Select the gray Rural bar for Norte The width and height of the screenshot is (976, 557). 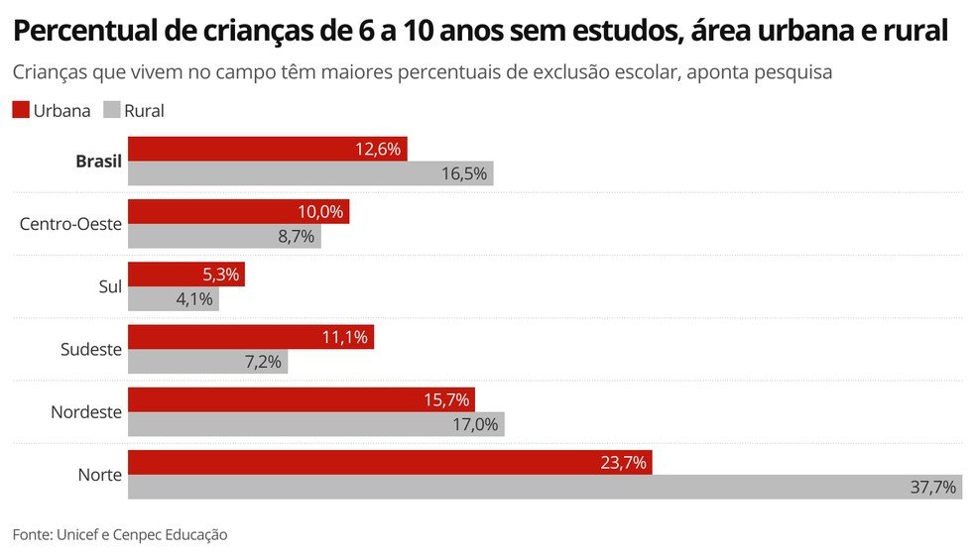coord(545,487)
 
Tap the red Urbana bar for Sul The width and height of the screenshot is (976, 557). coord(186,275)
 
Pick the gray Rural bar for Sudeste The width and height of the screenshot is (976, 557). coord(207,362)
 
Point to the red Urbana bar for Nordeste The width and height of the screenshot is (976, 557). coord(302,399)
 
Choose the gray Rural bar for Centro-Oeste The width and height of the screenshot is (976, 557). coord(224,236)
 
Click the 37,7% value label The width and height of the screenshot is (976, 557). coord(933,487)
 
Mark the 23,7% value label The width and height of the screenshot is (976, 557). coord(624,462)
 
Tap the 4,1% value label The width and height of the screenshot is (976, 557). coord(195,298)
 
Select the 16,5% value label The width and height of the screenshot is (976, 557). coord(464,173)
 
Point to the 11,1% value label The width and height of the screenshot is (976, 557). coord(345,337)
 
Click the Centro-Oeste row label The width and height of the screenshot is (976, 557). coord(70,224)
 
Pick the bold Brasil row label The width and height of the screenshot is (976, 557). coord(98,162)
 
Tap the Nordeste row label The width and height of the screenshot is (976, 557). coord(86,411)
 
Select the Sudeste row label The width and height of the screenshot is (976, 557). coord(90,349)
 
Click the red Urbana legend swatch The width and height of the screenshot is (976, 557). coord(21,110)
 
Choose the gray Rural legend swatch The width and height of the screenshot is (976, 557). coord(111,110)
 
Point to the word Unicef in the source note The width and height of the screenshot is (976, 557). coord(80,534)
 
